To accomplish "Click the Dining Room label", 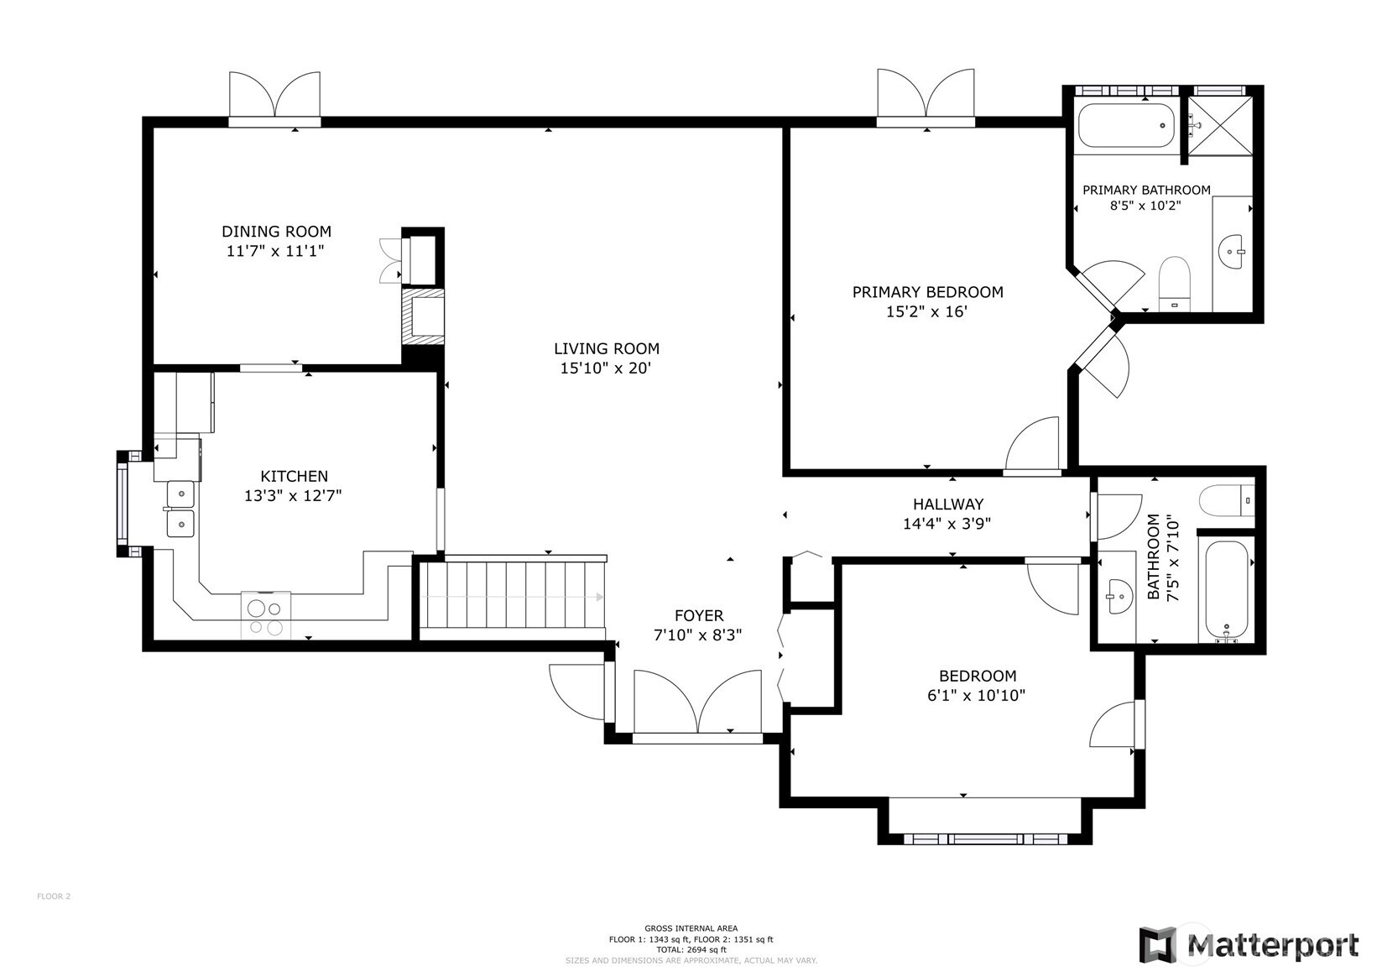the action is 276,232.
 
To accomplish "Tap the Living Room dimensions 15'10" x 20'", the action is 606,368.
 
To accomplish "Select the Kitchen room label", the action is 295,476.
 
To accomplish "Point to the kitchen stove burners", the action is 265,614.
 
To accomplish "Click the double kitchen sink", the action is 180,509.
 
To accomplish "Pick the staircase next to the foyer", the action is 512,596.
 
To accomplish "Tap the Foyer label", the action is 698,615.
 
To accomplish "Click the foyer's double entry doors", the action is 698,704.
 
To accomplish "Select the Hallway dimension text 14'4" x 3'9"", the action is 947,524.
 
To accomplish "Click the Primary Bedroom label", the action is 927,292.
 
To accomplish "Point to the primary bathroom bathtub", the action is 1127,125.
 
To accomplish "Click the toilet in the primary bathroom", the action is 1174,284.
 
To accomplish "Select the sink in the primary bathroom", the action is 1233,252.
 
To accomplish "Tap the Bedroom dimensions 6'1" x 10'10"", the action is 976,696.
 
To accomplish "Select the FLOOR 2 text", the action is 54,896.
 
